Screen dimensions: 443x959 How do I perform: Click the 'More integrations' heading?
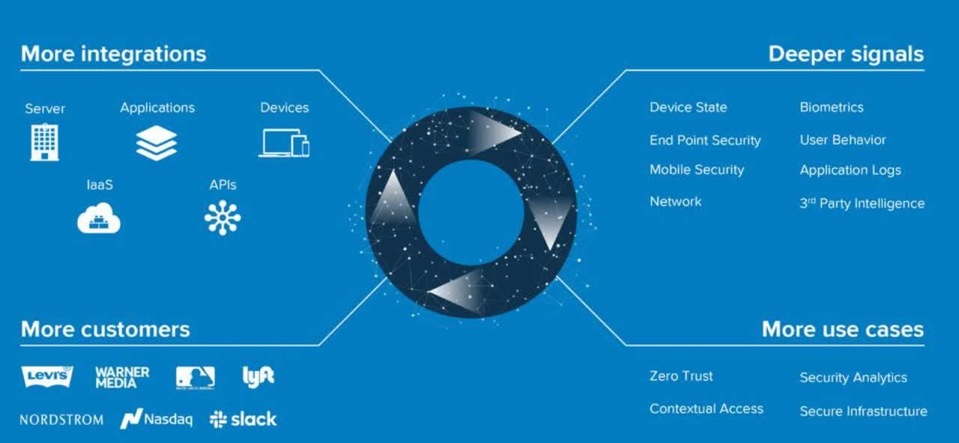[x=113, y=54]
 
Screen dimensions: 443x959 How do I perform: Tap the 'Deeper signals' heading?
[x=846, y=54]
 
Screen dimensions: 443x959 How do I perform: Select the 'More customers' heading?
[x=105, y=329]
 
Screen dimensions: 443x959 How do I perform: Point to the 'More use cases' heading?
[x=842, y=329]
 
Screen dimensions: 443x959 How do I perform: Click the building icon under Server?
[x=44, y=142]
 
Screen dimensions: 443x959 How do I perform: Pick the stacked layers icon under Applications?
[x=157, y=142]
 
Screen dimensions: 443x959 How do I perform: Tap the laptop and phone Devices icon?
[x=284, y=142]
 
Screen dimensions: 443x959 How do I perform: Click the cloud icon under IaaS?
[x=99, y=219]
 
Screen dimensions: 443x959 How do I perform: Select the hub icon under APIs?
[x=223, y=218]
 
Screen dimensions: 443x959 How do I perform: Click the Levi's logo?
[x=47, y=376]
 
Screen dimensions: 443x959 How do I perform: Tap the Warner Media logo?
[x=122, y=376]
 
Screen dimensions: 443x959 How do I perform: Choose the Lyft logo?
[x=258, y=376]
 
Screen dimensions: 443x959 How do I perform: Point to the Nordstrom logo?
[x=61, y=420]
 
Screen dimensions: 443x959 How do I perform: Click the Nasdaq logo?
[x=156, y=419]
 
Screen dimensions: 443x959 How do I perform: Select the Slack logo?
[x=243, y=419]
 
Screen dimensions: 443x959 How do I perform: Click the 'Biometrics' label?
[x=831, y=107]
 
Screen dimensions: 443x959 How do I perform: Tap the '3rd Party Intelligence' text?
[x=862, y=203]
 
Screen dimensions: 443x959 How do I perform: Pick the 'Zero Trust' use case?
[x=681, y=376]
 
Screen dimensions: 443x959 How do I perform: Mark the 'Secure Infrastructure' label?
[x=863, y=411]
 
